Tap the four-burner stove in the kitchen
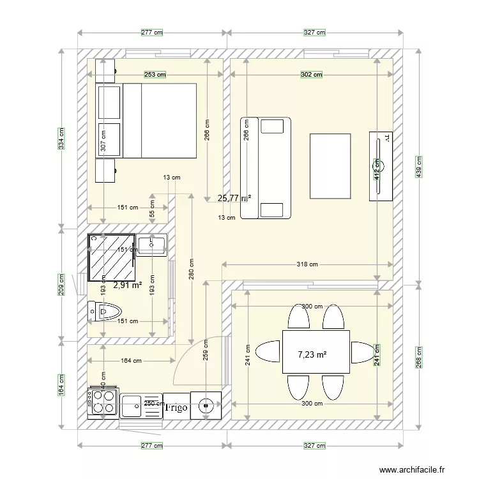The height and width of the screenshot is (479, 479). (x=102, y=402)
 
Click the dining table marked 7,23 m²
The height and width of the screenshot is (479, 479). (x=316, y=352)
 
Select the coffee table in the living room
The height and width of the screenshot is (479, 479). (x=330, y=165)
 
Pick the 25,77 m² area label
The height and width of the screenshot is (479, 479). (x=233, y=198)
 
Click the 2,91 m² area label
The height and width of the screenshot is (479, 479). (x=127, y=285)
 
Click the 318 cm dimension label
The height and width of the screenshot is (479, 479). (x=308, y=264)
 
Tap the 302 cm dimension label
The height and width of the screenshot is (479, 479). (x=312, y=75)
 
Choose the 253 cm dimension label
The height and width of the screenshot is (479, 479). (x=155, y=75)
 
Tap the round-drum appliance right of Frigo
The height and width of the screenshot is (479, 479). (x=206, y=404)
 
